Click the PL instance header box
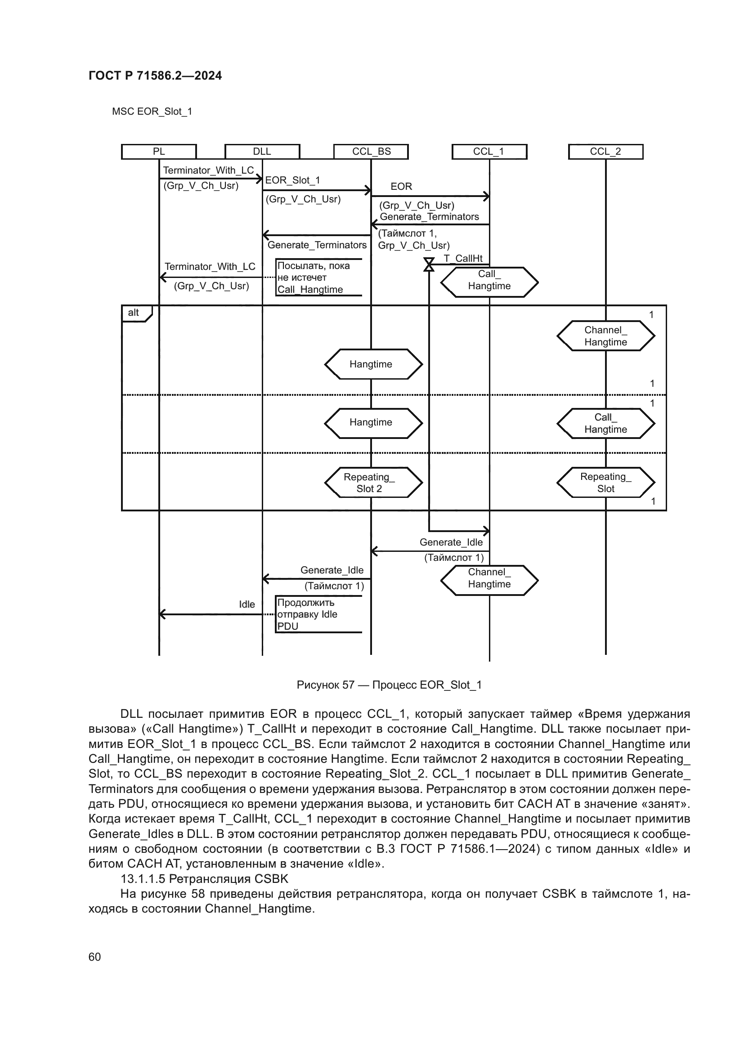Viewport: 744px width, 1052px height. tap(158, 152)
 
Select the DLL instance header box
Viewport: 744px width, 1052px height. tap(262, 152)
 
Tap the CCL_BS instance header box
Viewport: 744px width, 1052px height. tap(371, 152)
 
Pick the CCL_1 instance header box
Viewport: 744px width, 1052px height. tap(489, 152)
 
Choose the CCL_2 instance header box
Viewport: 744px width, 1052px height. tap(605, 152)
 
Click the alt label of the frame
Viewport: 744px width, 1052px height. tap(134, 313)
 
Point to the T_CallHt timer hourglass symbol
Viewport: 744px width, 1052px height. tap(429, 264)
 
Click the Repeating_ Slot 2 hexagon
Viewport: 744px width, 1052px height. tap(373, 483)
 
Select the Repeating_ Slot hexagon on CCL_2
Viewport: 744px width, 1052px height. tap(605, 483)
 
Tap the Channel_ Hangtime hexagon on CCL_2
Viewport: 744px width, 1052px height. tap(605, 336)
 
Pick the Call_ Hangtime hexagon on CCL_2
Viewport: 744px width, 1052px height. tap(605, 423)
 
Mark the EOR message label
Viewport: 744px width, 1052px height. tap(401, 187)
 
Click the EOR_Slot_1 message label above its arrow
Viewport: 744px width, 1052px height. tap(292, 180)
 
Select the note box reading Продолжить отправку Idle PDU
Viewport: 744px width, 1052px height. tap(319, 614)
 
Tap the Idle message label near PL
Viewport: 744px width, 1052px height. tap(247, 604)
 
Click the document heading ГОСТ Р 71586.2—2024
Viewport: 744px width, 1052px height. tap(155, 76)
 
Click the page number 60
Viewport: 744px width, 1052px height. tap(95, 957)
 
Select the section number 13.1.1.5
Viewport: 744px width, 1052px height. tap(143, 879)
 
